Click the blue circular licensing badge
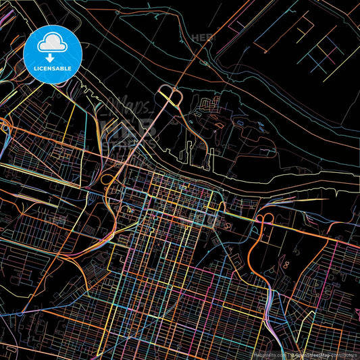click(x=52, y=54)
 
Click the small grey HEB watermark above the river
click(x=201, y=38)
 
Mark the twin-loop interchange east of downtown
click(x=263, y=220)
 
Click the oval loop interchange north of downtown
click(x=170, y=97)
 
